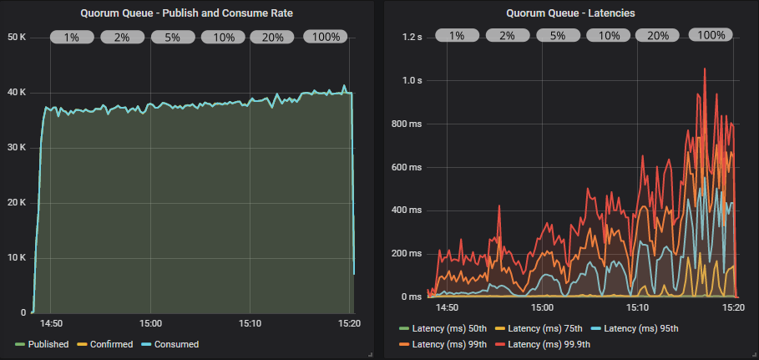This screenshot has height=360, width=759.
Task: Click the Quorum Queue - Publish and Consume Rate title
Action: pos(192,13)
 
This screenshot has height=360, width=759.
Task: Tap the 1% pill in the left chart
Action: pos(72,37)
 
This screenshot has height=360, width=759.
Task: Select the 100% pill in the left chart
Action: pos(326,37)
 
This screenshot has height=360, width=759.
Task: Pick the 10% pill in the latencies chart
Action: pos(609,36)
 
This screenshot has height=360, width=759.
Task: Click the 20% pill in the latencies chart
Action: pos(658,36)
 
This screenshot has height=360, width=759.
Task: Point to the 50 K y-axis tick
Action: pos(17,37)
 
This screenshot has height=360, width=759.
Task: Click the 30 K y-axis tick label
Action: pos(17,148)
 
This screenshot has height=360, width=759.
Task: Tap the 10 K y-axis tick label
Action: pos(17,257)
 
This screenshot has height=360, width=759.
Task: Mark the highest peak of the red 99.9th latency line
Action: pos(705,69)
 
